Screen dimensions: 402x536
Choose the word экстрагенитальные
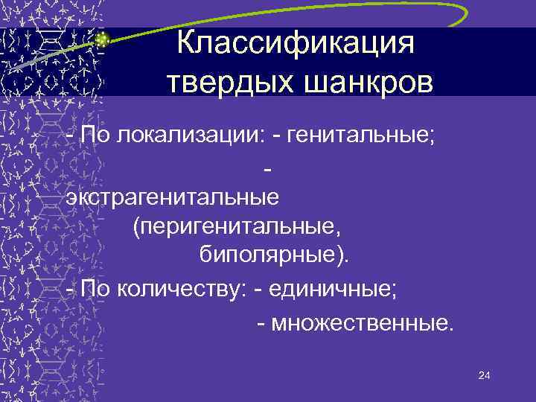coord(173,197)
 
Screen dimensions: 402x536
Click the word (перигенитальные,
coord(237,226)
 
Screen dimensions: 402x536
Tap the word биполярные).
coord(274,255)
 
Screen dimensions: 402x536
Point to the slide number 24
coord(484,377)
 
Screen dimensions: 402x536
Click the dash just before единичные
coord(258,290)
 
